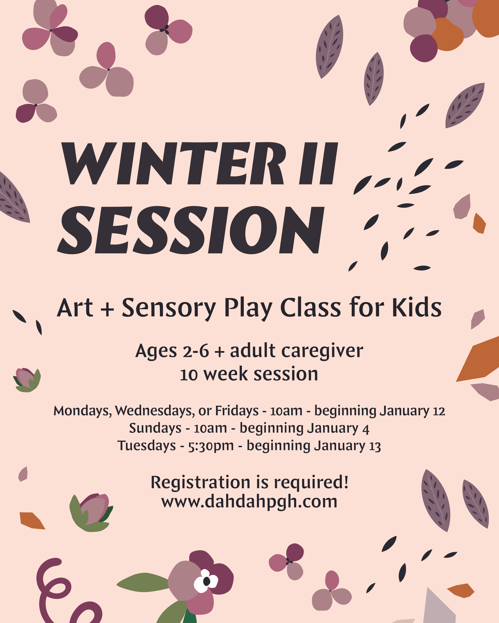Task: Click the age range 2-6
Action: pyautogui.click(x=196, y=351)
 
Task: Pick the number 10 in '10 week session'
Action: pyautogui.click(x=189, y=375)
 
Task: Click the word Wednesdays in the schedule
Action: pyautogui.click(x=155, y=411)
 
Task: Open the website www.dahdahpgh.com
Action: pyautogui.click(x=249, y=502)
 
